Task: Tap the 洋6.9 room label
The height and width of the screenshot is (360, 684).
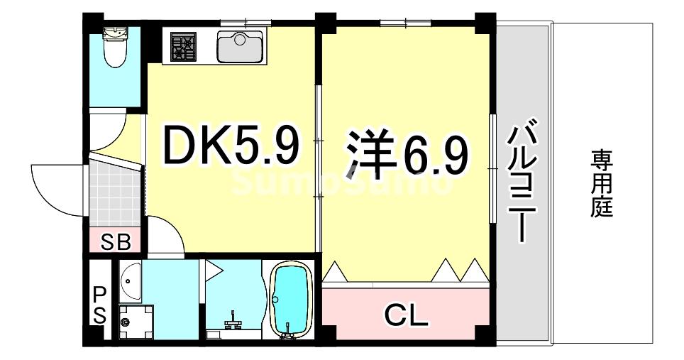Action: pyautogui.click(x=407, y=153)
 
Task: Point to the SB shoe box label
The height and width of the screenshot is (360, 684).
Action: pyautogui.click(x=115, y=242)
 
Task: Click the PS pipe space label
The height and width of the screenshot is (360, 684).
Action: pyautogui.click(x=99, y=304)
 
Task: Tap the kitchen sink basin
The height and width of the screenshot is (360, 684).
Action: pyautogui.click(x=239, y=47)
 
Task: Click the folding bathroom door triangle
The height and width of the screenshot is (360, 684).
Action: pyautogui.click(x=212, y=268)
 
